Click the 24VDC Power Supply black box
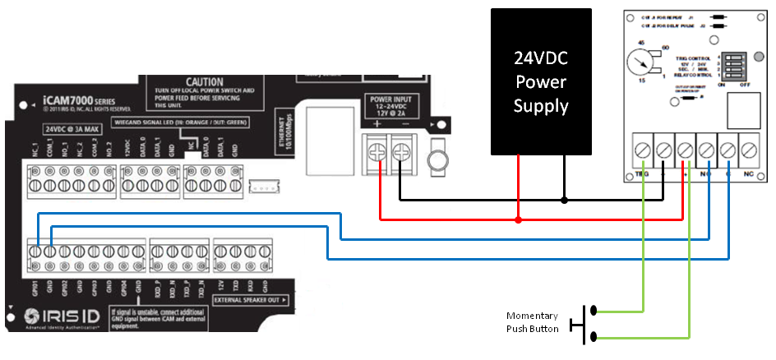click(541, 81)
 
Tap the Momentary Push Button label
click(532, 322)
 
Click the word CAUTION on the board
click(204, 83)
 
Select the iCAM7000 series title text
click(77, 104)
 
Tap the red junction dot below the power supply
click(518, 219)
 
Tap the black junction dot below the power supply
click(564, 200)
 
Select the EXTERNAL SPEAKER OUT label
click(250, 301)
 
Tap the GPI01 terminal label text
click(35, 288)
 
